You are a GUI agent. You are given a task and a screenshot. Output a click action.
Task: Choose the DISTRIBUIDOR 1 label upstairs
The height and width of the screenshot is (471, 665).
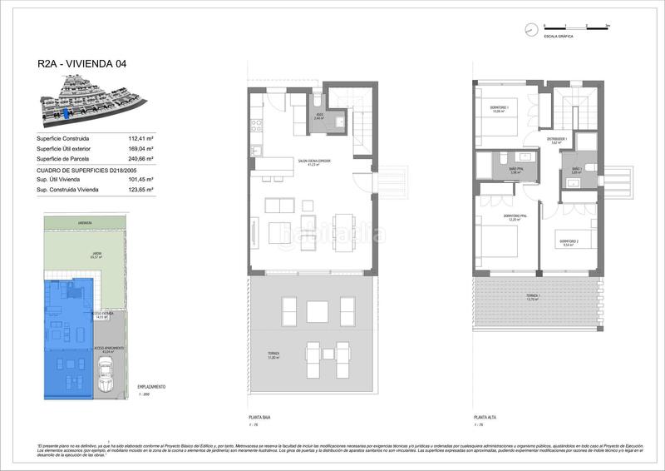pyautogui.click(x=556, y=140)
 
